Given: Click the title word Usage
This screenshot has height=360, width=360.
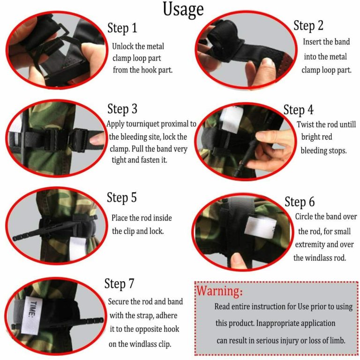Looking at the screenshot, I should tap(183, 9).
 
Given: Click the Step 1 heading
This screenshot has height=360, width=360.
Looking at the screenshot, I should tap(122, 28).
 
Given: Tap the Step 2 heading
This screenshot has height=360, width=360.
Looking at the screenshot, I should tap(308, 25).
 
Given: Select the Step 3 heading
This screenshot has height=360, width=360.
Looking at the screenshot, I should tap(122, 109).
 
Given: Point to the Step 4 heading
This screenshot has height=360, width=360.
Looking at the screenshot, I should tap(299, 110).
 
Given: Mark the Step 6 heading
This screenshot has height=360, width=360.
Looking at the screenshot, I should tap(300, 202).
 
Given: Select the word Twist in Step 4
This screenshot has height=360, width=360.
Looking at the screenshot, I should tap(306, 125).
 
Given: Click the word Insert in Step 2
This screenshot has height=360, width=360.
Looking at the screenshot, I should tap(313, 42).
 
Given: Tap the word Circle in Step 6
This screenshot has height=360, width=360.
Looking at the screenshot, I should tap(306, 217).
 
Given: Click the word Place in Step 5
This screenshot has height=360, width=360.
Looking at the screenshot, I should tap(120, 218).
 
